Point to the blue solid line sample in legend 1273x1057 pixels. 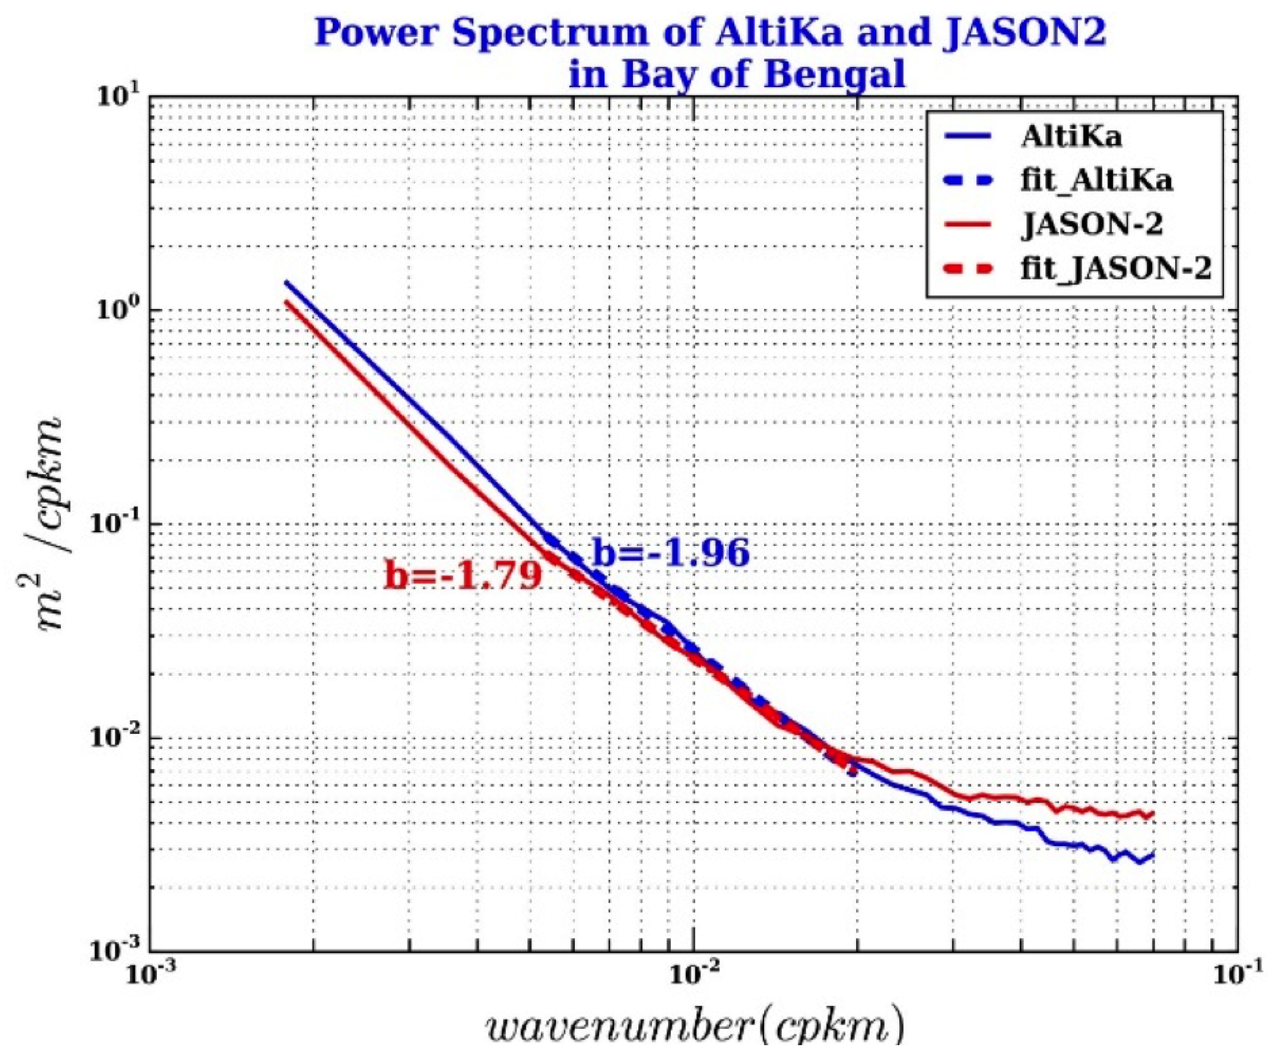tap(967, 137)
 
